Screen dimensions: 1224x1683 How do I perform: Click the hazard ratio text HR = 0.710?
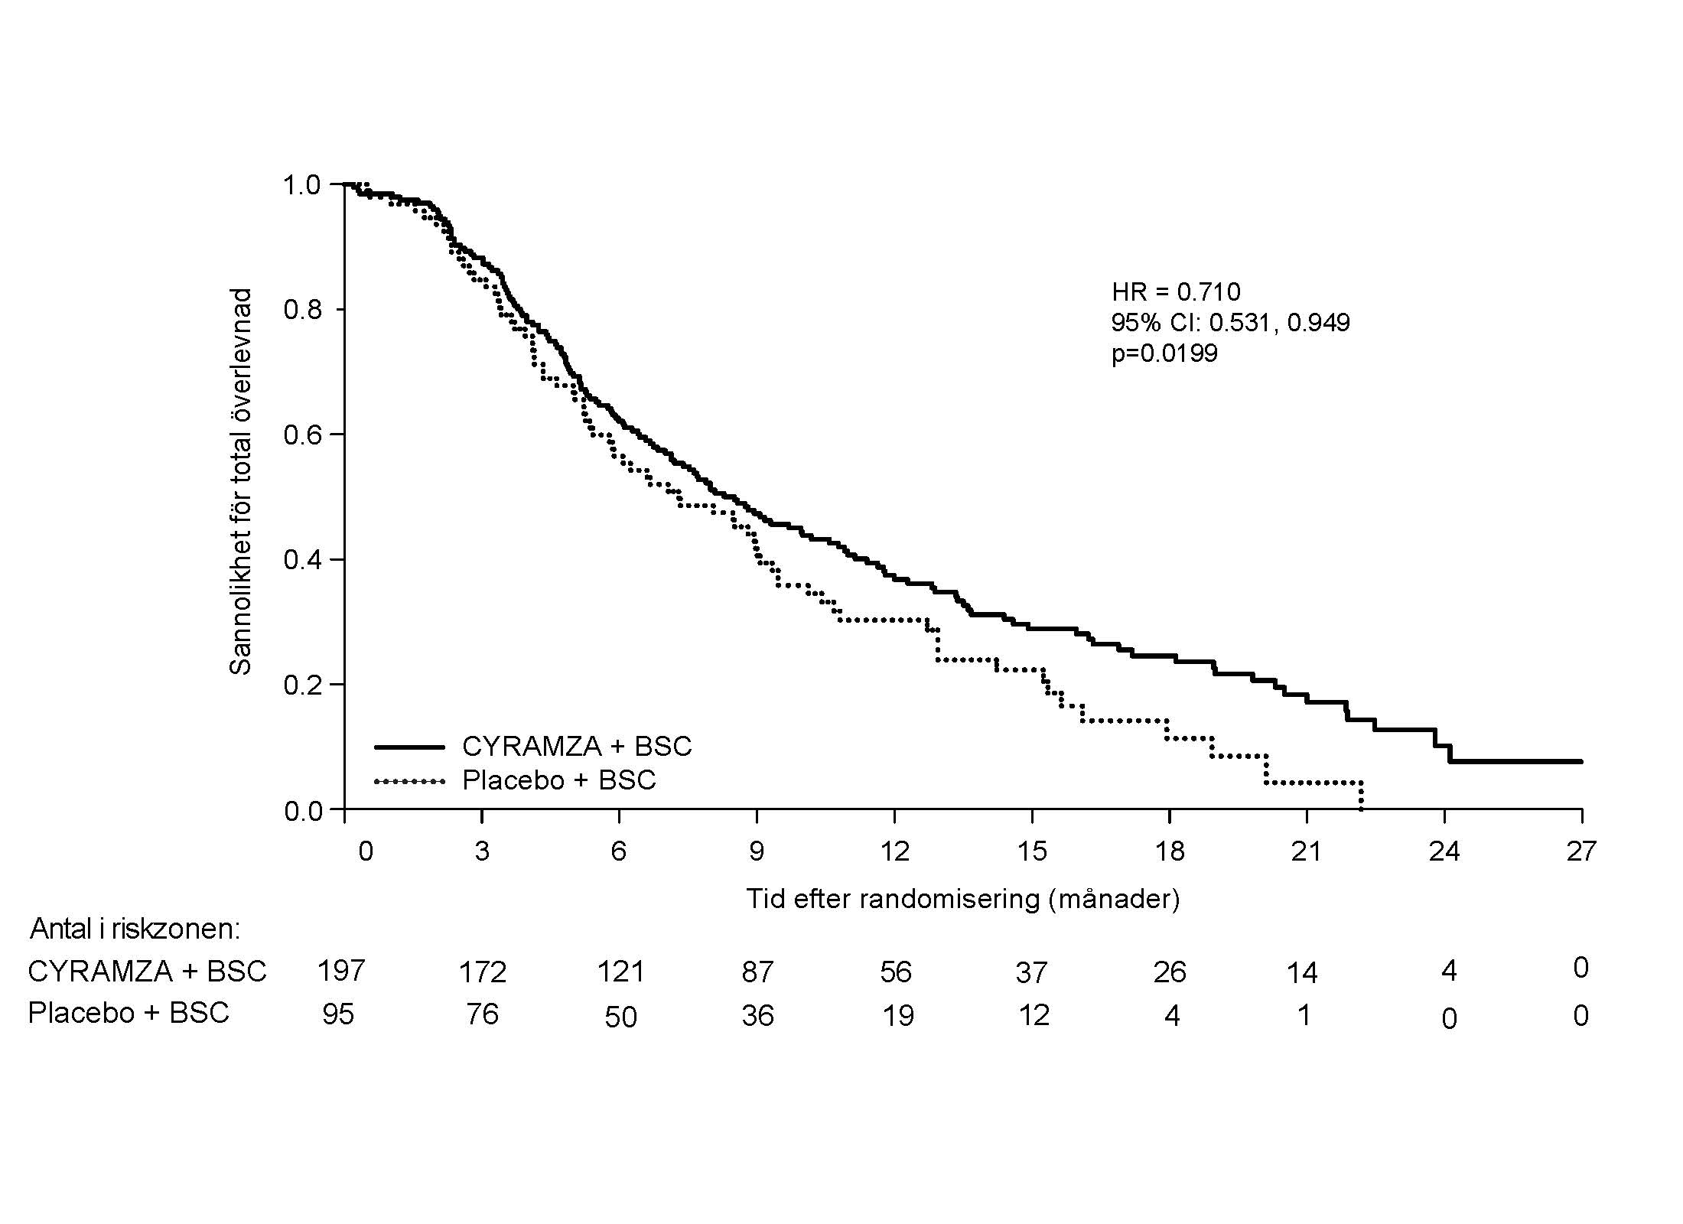click(x=1176, y=291)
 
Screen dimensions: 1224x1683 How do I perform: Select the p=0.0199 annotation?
click(x=1164, y=353)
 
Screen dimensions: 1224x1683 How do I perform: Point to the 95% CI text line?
click(x=1230, y=322)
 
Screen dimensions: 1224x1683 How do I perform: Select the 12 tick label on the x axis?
click(x=894, y=851)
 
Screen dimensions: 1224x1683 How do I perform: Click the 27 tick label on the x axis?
click(x=1581, y=851)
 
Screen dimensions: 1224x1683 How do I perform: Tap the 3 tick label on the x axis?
click(x=482, y=851)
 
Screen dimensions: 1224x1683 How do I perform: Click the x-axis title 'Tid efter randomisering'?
click(x=962, y=898)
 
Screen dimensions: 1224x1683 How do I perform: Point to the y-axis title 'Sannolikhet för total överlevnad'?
click(x=241, y=482)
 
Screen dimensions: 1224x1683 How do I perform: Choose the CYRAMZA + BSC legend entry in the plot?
click(x=576, y=746)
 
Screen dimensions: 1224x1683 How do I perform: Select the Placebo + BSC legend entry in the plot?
click(x=559, y=780)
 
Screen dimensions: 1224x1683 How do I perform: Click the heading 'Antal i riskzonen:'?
click(x=135, y=929)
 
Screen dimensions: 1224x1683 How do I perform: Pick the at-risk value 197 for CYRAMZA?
click(x=341, y=971)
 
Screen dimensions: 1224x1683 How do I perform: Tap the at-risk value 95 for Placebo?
click(x=338, y=1014)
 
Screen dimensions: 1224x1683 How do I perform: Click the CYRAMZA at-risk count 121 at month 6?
click(x=620, y=972)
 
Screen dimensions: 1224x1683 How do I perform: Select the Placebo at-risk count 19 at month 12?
click(x=897, y=1016)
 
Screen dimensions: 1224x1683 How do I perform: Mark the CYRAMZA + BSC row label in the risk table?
click(x=147, y=972)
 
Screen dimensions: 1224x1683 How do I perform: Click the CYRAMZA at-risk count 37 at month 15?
click(x=1031, y=972)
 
